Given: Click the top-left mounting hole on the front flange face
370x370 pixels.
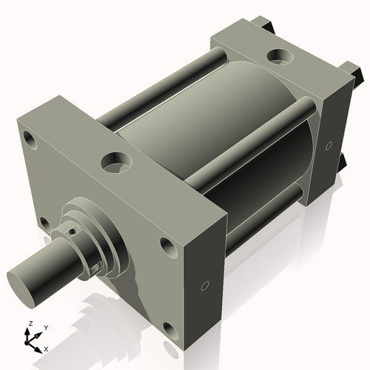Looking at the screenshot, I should pyautogui.click(x=29, y=138).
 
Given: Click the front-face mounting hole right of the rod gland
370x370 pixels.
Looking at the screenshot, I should pyautogui.click(x=164, y=246).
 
